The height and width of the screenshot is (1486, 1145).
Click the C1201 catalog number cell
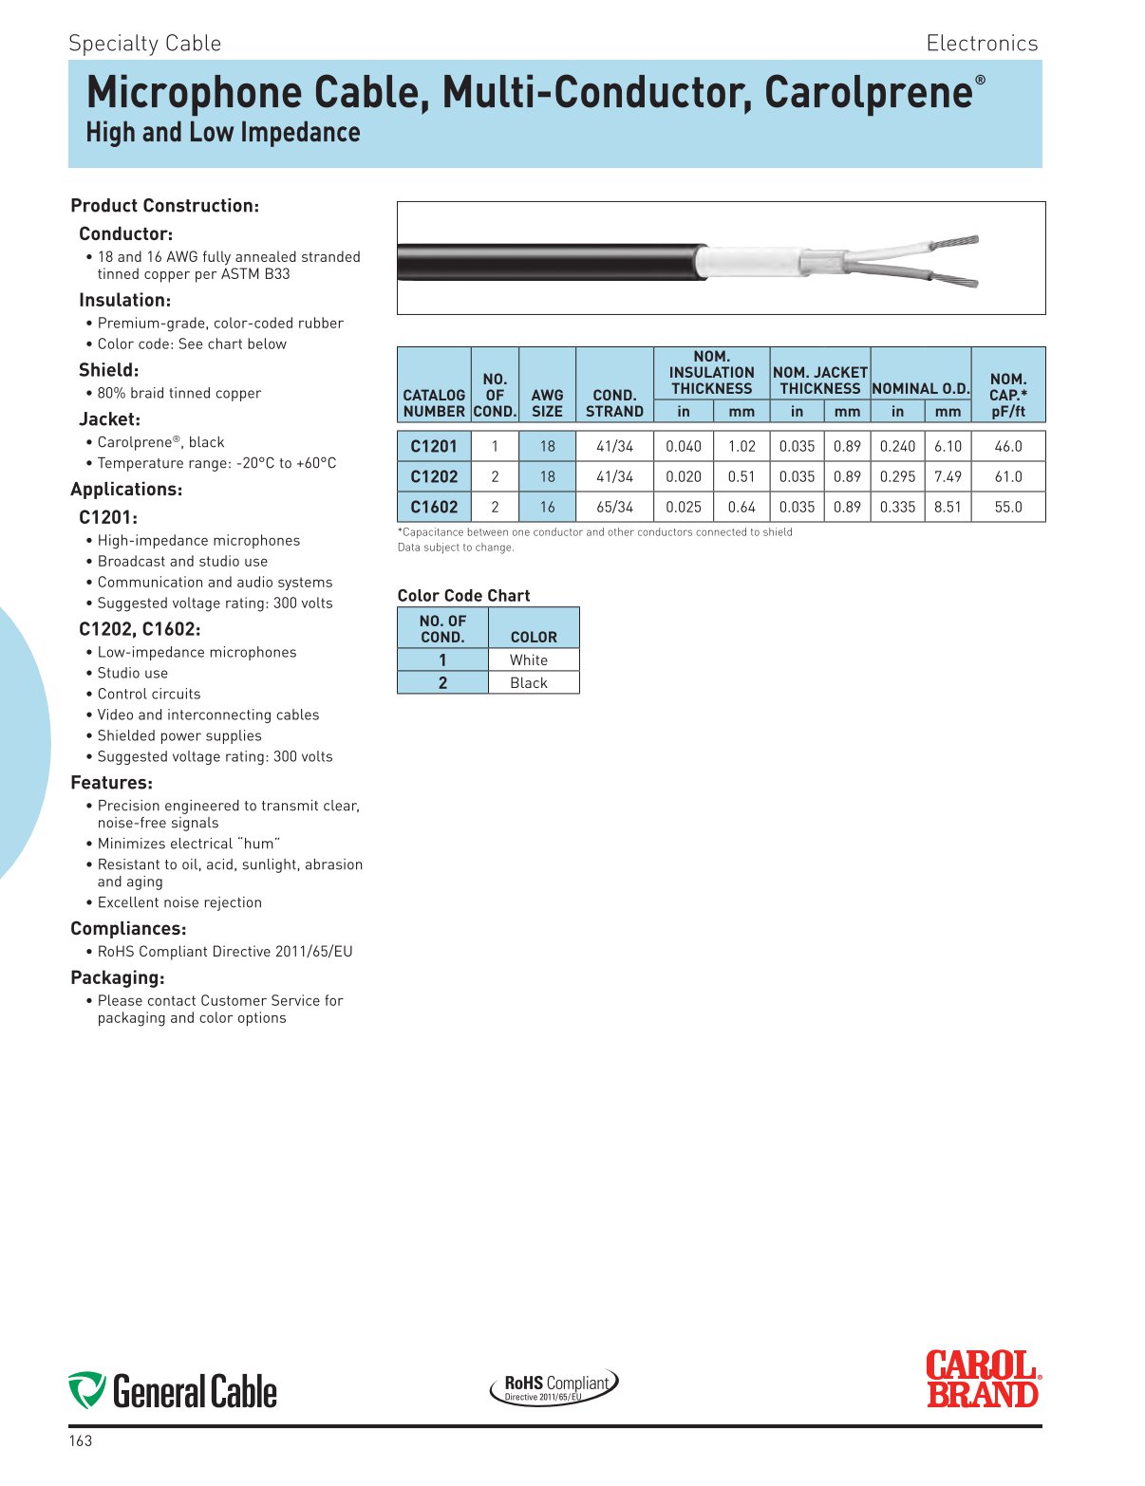pos(434,446)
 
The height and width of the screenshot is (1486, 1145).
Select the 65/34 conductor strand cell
pos(614,507)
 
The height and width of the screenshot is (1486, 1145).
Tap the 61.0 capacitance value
pos(1007,476)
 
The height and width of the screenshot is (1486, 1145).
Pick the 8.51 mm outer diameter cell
pos(948,507)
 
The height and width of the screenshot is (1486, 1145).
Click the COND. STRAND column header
pos(614,403)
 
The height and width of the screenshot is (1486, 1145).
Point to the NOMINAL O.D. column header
pos(920,388)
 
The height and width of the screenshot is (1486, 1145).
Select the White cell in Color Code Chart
pos(529,660)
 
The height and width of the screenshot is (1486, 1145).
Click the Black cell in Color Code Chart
pos(529,683)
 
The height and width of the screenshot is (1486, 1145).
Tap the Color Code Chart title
pos(463,596)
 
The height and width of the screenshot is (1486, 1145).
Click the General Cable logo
pos(173,1391)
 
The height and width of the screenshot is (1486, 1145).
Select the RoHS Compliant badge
pos(554,1386)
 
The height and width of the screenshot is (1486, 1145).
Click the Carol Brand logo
pos(983,1380)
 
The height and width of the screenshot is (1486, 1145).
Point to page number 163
pos(81,1440)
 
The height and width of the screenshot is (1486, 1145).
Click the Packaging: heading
pos(118,977)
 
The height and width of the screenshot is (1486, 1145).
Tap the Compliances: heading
pos(128,929)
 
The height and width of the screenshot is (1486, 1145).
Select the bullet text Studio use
pos(132,674)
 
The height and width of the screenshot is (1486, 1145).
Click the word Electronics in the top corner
pos(982,44)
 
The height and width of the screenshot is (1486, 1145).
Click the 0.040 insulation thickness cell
pos(684,446)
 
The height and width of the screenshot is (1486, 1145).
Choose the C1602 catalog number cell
pos(434,507)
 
